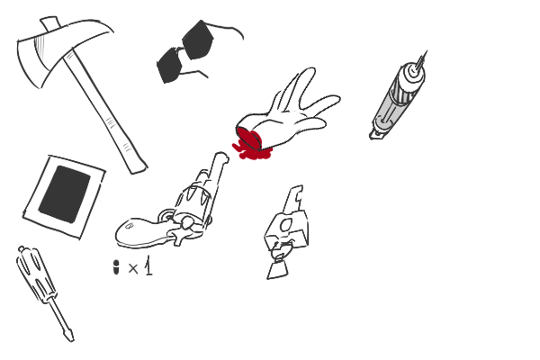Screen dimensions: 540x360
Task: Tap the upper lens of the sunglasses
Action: (x=197, y=40)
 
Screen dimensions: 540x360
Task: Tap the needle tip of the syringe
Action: (x=426, y=52)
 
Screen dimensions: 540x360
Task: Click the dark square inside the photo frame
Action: (x=65, y=194)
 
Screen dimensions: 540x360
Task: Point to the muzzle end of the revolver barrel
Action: (x=221, y=157)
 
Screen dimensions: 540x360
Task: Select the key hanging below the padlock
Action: (x=279, y=265)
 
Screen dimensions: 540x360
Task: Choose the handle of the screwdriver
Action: (x=35, y=274)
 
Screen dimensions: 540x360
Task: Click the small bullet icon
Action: (x=116, y=267)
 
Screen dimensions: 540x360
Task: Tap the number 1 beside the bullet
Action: (x=148, y=265)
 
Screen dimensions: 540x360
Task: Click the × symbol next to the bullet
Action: (x=133, y=268)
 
